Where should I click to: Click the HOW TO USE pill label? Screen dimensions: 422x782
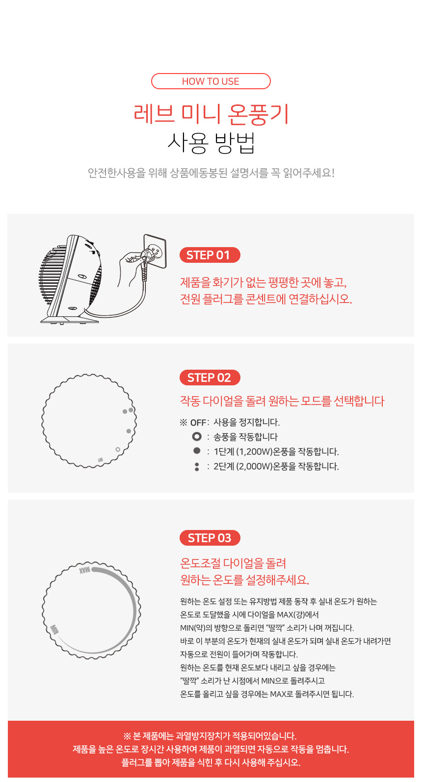point(211,81)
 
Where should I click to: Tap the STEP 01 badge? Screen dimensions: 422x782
point(210,255)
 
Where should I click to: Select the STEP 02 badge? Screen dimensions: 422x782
point(210,378)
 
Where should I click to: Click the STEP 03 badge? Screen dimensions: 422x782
point(210,538)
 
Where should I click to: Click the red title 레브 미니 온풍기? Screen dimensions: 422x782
point(211,114)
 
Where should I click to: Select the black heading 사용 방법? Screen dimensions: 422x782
point(211,143)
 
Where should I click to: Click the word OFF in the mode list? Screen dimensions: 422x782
point(198,423)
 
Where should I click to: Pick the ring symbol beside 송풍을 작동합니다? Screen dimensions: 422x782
point(197,436)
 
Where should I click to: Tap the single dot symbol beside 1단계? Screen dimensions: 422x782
point(197,451)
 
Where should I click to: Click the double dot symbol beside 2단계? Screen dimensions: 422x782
point(197,466)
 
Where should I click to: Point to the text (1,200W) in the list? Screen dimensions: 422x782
point(254,452)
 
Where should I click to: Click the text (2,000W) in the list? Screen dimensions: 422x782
point(254,466)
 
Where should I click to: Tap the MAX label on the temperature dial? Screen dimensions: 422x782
point(84,570)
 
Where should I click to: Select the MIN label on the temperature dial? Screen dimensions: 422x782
point(54,629)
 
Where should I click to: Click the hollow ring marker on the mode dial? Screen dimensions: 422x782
point(118,449)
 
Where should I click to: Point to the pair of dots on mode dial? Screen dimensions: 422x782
point(128,410)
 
